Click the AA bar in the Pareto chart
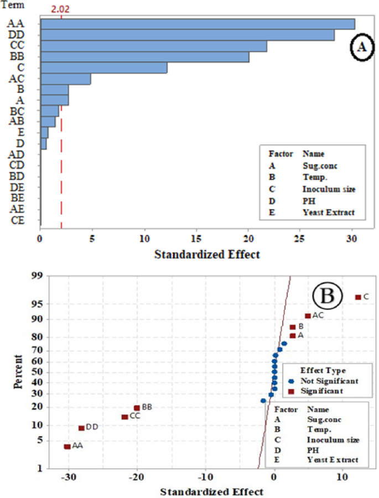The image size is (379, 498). (198, 24)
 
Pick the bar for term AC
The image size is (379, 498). (65, 79)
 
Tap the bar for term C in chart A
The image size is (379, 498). (103, 68)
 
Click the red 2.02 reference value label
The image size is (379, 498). (61, 9)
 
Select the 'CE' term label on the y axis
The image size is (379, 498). (17, 220)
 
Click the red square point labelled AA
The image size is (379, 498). (67, 447)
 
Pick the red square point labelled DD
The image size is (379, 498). (81, 428)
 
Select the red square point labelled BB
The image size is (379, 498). (137, 408)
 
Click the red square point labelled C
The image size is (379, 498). (357, 297)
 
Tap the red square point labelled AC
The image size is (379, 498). (308, 316)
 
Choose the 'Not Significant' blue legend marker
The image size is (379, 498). (291, 381)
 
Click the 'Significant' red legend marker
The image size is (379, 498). (291, 391)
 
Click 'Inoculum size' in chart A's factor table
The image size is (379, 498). (329, 189)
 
